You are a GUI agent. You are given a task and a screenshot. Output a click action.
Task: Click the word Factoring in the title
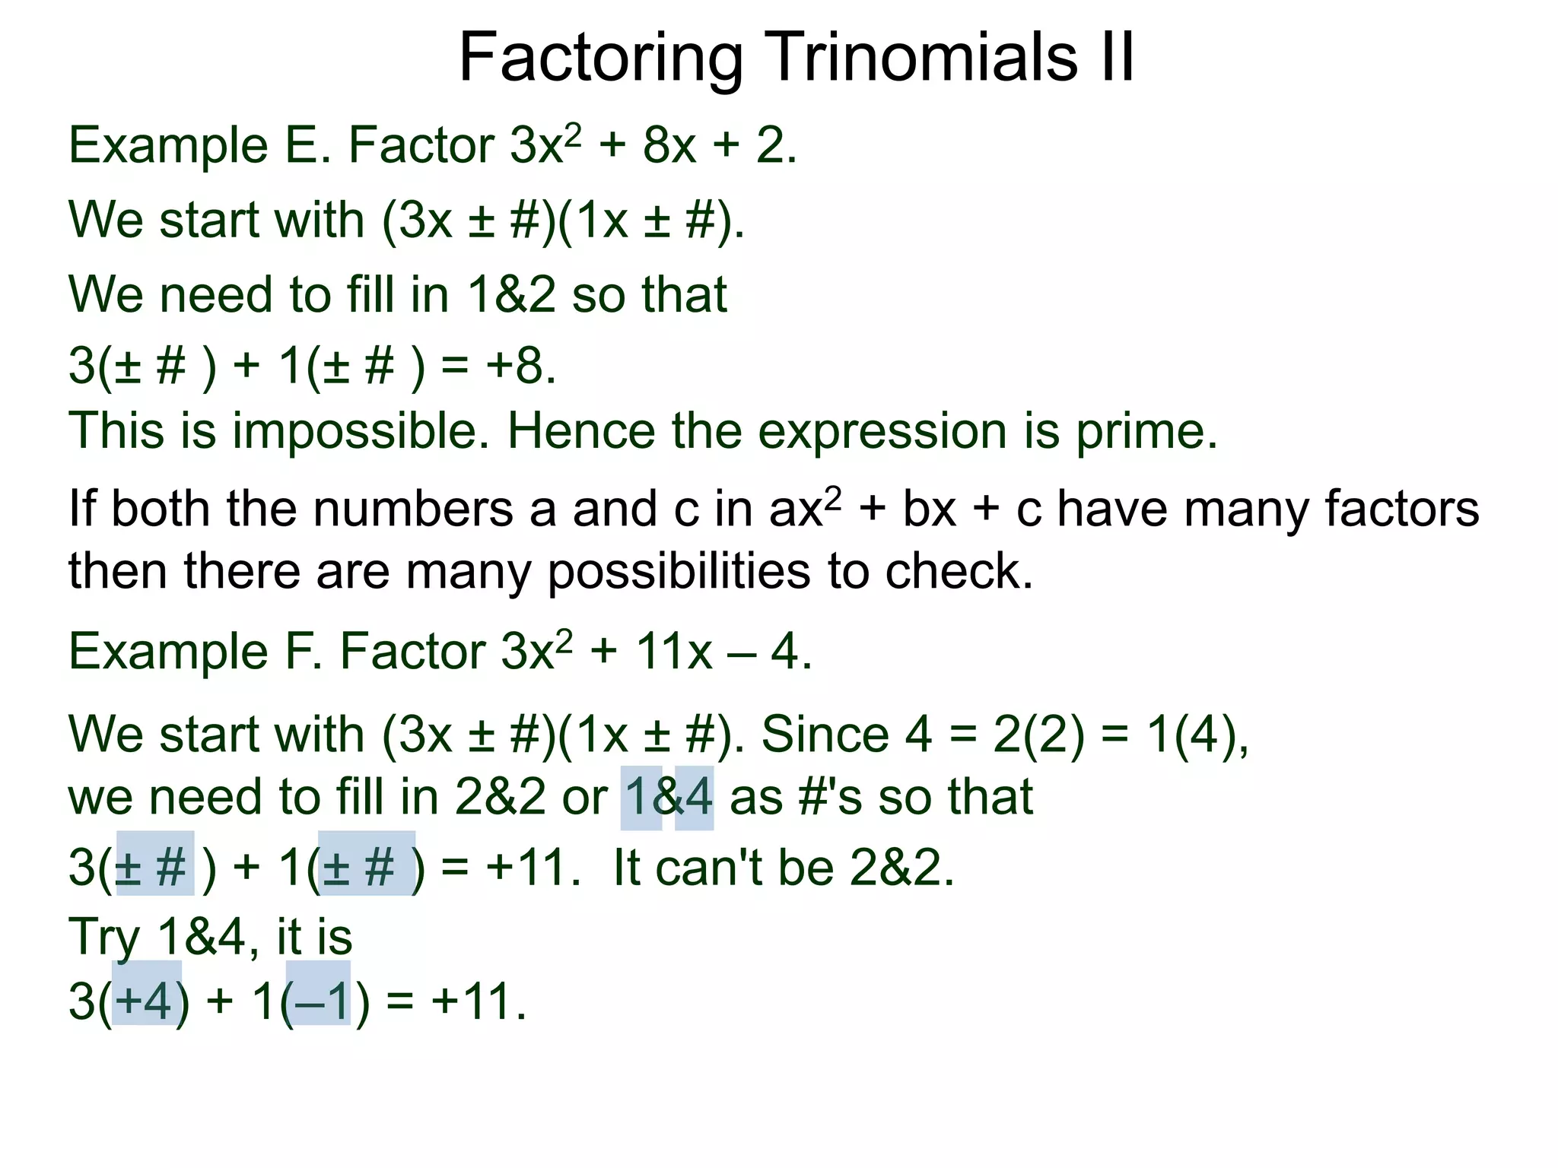point(601,59)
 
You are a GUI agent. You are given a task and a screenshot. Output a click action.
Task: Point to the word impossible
point(361,431)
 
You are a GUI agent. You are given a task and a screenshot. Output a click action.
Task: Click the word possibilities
point(679,571)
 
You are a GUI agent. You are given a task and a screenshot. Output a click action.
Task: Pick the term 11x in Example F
point(674,652)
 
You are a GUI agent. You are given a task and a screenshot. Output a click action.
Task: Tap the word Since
point(825,735)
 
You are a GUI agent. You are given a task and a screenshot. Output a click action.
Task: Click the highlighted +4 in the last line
point(147,1000)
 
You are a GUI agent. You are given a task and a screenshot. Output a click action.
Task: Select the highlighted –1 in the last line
point(318,1000)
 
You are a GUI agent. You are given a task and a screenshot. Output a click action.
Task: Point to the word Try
point(105,937)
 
